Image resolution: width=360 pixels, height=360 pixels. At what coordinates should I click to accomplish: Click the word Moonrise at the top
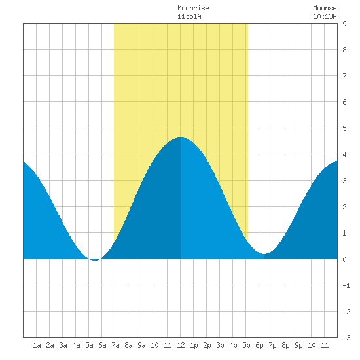[x=193, y=8]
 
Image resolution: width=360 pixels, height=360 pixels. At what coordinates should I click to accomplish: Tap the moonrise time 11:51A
[x=189, y=16]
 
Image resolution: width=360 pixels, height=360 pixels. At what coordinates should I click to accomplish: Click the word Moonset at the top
[x=327, y=8]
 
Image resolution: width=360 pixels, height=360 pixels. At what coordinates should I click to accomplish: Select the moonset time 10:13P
[x=325, y=16]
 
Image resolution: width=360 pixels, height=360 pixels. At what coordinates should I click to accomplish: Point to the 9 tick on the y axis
[x=344, y=24]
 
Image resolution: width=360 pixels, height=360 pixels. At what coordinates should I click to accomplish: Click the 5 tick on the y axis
[x=344, y=128]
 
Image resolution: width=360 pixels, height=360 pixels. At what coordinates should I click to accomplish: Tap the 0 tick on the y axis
[x=344, y=259]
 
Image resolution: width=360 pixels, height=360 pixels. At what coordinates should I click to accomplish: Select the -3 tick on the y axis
[x=346, y=338]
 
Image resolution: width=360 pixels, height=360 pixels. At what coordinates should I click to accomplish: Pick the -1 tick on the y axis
[x=346, y=285]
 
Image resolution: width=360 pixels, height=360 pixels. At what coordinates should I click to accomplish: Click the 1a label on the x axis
[x=37, y=345]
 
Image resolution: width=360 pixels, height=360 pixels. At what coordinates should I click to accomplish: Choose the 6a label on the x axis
[x=102, y=345]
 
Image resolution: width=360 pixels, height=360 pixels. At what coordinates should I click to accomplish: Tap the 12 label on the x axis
[x=181, y=345]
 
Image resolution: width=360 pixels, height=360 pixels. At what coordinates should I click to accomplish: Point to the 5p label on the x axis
[x=246, y=345]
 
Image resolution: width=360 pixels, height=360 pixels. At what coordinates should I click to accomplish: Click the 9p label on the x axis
[x=298, y=345]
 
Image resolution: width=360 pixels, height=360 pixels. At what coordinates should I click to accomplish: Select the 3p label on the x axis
[x=220, y=345]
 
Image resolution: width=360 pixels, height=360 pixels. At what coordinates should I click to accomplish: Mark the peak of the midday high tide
[x=181, y=137]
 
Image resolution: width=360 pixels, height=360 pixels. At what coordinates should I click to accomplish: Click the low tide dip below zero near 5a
[x=95, y=260]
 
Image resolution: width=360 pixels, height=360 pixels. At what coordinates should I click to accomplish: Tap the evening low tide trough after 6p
[x=264, y=254]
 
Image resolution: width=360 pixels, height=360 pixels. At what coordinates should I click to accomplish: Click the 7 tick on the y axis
[x=344, y=76]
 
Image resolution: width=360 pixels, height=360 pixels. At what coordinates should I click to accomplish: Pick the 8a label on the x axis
[x=128, y=345]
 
